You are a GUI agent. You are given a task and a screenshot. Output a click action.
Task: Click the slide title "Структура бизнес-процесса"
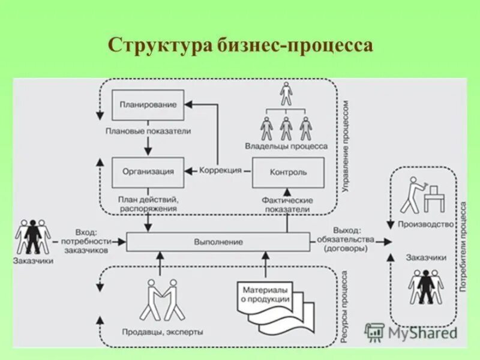coord(240,46)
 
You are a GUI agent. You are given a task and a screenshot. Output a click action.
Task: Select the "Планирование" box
coord(148,105)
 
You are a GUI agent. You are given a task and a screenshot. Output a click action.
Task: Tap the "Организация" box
coord(148,171)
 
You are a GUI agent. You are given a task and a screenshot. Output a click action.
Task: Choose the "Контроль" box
coord(288,172)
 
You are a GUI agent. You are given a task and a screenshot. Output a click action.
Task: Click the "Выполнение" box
coord(218,242)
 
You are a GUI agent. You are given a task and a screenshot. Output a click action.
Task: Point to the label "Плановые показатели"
coord(148,130)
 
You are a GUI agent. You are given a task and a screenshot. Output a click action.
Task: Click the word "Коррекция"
coord(220,170)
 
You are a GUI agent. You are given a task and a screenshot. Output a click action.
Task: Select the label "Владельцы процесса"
coord(286,146)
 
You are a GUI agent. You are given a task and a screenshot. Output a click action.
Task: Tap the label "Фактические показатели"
coord(286,204)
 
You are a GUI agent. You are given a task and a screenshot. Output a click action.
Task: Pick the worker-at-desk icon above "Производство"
coord(423,195)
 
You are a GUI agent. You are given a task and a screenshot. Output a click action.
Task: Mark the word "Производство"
coord(425,224)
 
